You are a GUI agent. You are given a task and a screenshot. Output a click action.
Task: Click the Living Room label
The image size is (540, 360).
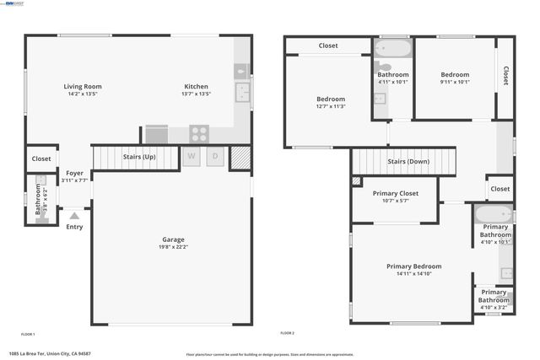pos(83,87)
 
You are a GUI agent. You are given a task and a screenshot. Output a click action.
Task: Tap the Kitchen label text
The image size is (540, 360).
pos(197,87)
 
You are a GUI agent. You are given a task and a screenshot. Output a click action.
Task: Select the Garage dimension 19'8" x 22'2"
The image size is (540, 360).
pos(173,247)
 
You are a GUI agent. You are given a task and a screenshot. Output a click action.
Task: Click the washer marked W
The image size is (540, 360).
pos(192,156)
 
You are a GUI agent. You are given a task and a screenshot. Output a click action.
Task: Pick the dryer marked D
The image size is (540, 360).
pos(214,156)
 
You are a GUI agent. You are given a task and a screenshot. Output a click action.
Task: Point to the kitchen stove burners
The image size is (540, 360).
pos(199,132)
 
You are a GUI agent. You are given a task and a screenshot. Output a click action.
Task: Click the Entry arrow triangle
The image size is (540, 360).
pos(74,216)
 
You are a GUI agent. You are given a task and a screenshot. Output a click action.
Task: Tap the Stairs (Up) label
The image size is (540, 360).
pos(139,157)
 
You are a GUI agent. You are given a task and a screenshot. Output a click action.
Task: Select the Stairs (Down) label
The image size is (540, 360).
pos(408,161)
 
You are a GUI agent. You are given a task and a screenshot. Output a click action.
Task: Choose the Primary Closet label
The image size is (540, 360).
pos(396,193)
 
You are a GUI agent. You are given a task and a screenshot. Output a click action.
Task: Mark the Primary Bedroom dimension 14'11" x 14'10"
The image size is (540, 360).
pos(408,274)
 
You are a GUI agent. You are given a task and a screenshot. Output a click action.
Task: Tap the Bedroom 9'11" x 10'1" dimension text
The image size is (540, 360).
pos(455,82)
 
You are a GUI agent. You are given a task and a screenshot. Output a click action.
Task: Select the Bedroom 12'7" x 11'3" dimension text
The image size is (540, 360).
pos(331,106)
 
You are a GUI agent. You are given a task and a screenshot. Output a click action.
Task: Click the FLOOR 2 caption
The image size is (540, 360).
pos(287,334)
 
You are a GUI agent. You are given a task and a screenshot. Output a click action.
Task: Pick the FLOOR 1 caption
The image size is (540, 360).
pos(28,334)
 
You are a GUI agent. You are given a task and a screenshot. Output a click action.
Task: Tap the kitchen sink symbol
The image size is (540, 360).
pos(241,93)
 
